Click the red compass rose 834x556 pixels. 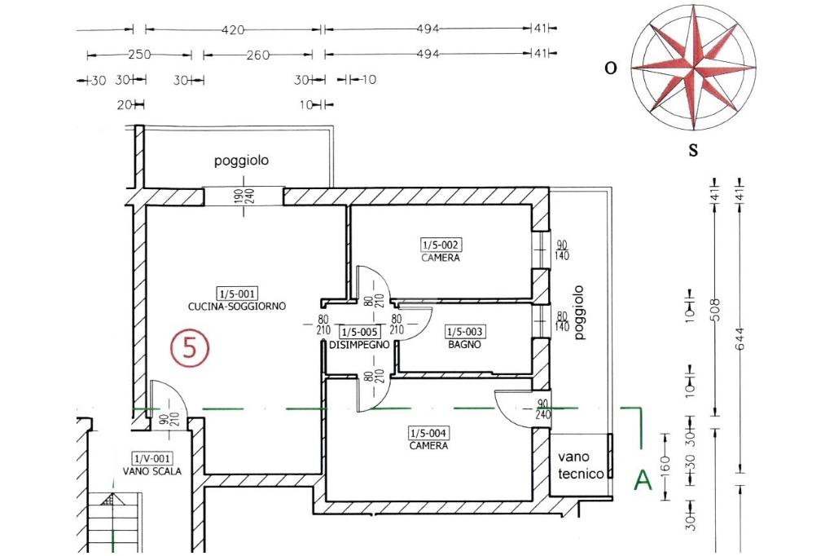[693, 67]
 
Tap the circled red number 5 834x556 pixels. [190, 348]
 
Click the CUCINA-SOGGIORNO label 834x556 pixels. [237, 307]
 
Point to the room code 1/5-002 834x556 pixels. [441, 245]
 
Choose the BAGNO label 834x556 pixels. [464, 344]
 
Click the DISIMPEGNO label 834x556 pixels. [359, 345]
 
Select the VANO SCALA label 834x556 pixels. [152, 471]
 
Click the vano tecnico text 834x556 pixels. [582, 466]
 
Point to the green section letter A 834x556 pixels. [643, 480]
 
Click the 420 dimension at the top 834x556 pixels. [233, 29]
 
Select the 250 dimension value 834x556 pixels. [140, 55]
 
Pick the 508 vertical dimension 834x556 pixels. [715, 311]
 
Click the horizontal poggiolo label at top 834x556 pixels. [241, 161]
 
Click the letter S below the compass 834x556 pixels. [693, 150]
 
